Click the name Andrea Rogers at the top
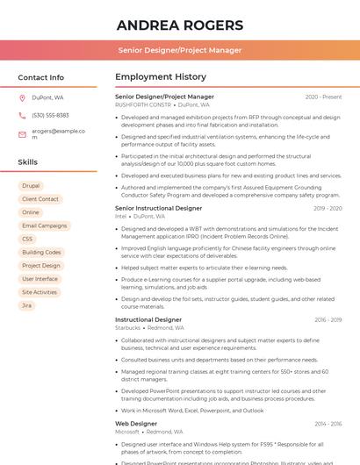pyautogui.click(x=179, y=24)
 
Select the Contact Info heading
pyautogui.click(x=41, y=77)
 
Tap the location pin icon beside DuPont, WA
pyautogui.click(x=22, y=97)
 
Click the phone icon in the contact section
pyautogui.click(x=22, y=115)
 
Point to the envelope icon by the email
pyautogui.click(x=22, y=134)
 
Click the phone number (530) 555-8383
pyautogui.click(x=50, y=115)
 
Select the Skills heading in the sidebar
pyautogui.click(x=28, y=162)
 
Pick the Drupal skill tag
pyautogui.click(x=31, y=186)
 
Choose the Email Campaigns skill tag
pyautogui.click(x=44, y=225)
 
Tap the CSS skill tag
pyautogui.click(x=27, y=239)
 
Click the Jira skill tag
pyautogui.click(x=27, y=305)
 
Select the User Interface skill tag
pyautogui.click(x=40, y=279)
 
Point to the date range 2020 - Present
pyautogui.click(x=323, y=97)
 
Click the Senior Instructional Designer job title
pyautogui.click(x=158, y=208)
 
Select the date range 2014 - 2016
pyautogui.click(x=328, y=424)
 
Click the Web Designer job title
pyautogui.click(x=135, y=424)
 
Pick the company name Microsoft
pyautogui.click(x=127, y=432)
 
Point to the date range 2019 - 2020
pyautogui.click(x=328, y=208)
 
